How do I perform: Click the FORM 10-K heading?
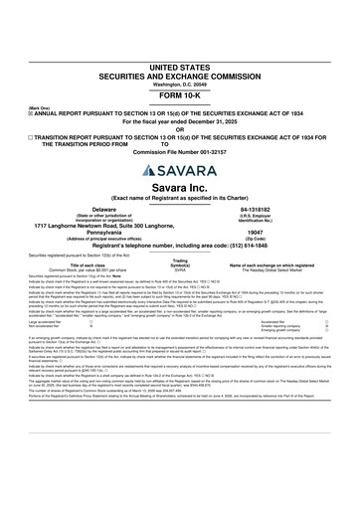click(x=180, y=70)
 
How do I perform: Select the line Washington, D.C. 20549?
click(x=180, y=56)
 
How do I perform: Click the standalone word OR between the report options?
click(x=180, y=105)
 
